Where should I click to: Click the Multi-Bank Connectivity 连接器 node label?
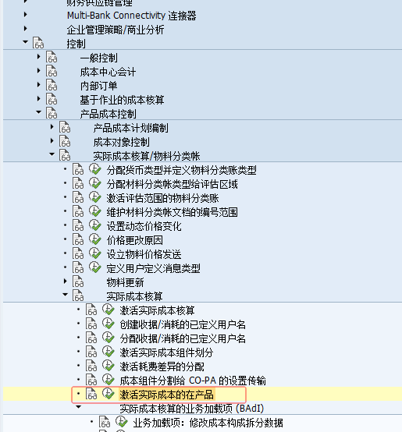(x=131, y=16)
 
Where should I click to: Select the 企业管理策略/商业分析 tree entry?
(x=116, y=30)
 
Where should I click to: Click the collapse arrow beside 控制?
(x=25, y=42)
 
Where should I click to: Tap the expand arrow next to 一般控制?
(x=38, y=57)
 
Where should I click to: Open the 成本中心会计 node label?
(x=108, y=73)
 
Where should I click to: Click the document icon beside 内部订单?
(x=52, y=85)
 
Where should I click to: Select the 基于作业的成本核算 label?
(x=122, y=100)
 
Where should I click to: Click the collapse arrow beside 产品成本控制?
(x=38, y=112)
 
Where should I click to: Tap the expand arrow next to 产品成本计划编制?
(x=52, y=127)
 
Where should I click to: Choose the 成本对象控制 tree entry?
(x=121, y=142)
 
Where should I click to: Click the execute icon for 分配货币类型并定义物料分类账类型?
(x=95, y=169)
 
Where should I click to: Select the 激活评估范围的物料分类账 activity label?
(x=162, y=198)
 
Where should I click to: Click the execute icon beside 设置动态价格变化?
(x=95, y=225)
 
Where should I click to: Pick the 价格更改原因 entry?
(x=134, y=240)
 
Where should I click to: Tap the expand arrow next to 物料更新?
(x=65, y=281)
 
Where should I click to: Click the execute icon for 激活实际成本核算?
(x=109, y=310)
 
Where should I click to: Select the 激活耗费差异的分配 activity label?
(x=162, y=366)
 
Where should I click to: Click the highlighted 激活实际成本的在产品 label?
(x=166, y=395)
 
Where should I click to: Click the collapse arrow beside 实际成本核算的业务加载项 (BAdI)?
(x=79, y=406)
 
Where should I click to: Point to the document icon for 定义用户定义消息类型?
(x=78, y=267)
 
